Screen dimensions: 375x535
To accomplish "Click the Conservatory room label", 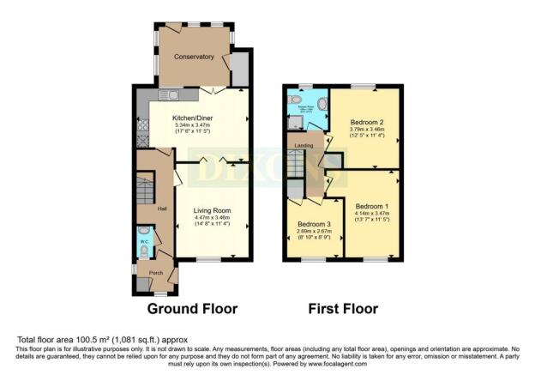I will [x=193, y=57].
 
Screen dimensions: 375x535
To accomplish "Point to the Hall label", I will [x=160, y=209].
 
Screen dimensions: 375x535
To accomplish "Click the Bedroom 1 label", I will [x=372, y=207].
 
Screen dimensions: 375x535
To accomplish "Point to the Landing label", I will [x=304, y=145].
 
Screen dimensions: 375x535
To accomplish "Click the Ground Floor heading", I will [x=192, y=308].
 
